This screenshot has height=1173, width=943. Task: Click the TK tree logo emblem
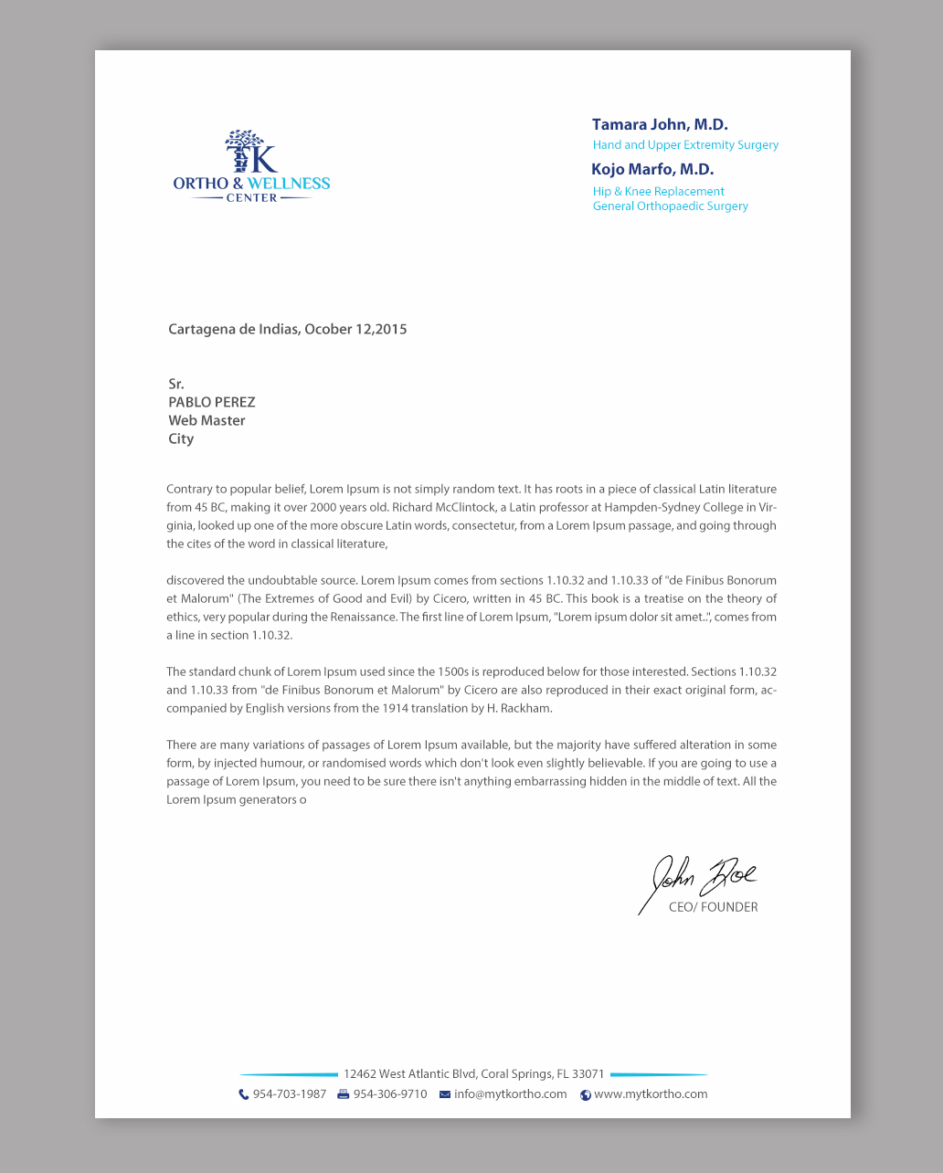coord(249,152)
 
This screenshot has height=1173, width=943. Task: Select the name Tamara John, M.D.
coord(660,125)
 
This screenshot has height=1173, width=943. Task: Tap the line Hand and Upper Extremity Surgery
coord(685,145)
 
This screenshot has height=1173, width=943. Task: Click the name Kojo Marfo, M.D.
coord(652,170)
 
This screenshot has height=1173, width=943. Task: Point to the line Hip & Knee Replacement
coord(658,192)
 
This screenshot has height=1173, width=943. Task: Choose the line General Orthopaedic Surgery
coord(670,206)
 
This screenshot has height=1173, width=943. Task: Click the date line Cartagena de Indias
coord(287,330)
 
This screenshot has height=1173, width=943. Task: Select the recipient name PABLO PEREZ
coord(211,403)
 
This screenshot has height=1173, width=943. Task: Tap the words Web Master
coord(207,421)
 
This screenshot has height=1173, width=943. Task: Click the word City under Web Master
coord(181,439)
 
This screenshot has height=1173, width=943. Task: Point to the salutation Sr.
coord(175,385)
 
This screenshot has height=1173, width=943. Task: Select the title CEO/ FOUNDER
coord(713,908)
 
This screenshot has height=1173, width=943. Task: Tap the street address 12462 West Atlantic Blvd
coord(473,1074)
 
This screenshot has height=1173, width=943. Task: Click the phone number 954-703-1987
coord(289,1094)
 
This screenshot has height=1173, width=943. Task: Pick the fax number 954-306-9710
coord(390,1094)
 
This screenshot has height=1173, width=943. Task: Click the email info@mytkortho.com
coord(510,1094)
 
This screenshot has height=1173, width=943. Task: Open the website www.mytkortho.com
coord(651,1094)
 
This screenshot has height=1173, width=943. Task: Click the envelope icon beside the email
coord(445,1094)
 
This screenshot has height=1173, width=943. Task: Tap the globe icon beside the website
coord(586,1095)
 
